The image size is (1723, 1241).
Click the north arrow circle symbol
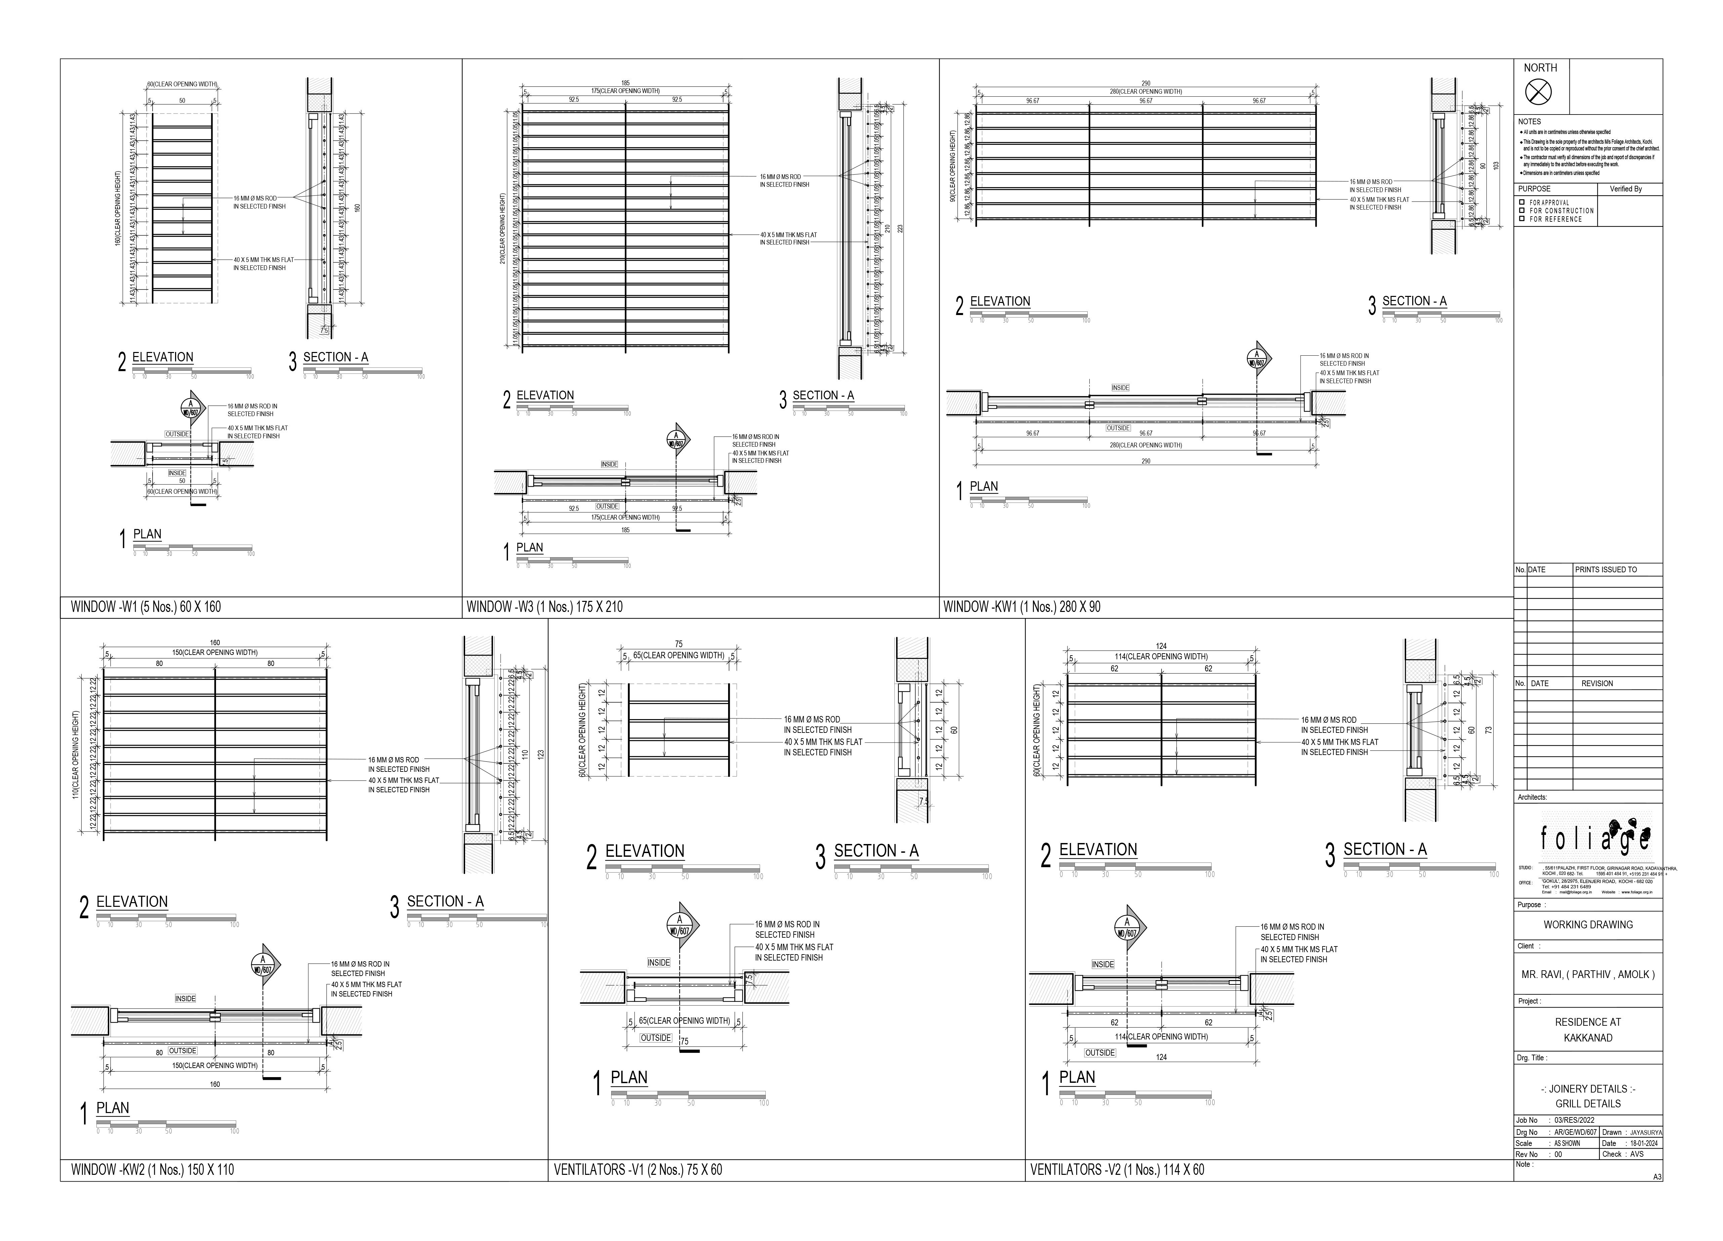click(1539, 93)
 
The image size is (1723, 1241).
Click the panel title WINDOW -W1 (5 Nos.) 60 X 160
click(146, 607)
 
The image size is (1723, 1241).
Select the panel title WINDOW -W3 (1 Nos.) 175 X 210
click(544, 607)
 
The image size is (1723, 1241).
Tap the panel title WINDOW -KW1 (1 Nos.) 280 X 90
click(1021, 607)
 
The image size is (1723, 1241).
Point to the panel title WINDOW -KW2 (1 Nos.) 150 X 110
click(152, 1169)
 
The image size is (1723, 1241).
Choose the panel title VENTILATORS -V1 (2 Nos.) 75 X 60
click(637, 1169)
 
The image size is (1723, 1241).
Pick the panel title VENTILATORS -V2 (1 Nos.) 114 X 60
click(1117, 1169)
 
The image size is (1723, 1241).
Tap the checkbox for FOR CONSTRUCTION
click(1522, 210)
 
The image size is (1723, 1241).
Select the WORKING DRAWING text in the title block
click(1588, 924)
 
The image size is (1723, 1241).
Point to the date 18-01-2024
click(1641, 1143)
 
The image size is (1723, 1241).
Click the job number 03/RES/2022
click(1574, 1120)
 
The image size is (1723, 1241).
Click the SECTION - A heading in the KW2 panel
click(445, 901)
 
